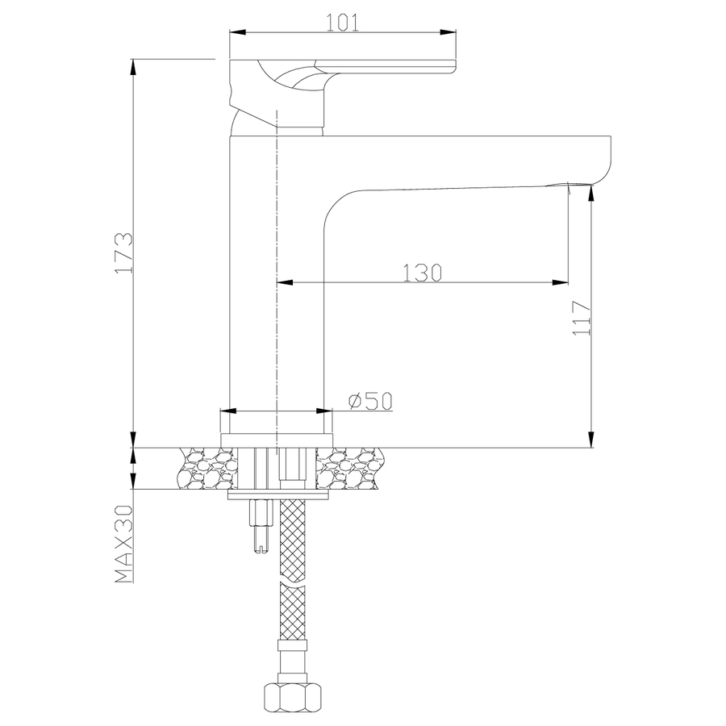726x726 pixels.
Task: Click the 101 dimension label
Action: [x=343, y=23]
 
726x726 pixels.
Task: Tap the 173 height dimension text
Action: [x=124, y=252]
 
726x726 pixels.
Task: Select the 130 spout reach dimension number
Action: [x=422, y=273]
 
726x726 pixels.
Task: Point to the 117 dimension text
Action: [x=582, y=318]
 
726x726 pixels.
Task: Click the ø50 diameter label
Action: [x=370, y=401]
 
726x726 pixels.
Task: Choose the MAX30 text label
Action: [x=123, y=544]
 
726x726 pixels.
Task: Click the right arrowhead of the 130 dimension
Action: [x=561, y=282]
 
